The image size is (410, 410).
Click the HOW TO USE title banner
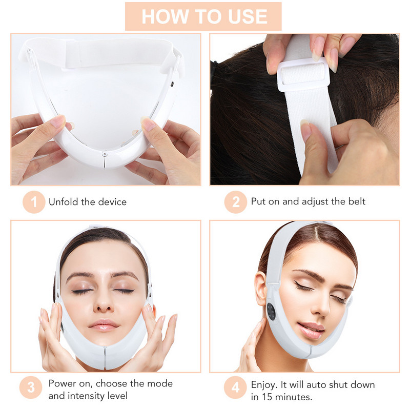click(203, 16)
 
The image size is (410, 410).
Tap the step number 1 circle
click(34, 202)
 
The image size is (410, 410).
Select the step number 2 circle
click(236, 202)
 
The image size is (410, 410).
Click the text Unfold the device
click(88, 202)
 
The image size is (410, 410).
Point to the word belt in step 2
click(356, 202)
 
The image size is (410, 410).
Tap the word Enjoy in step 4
click(264, 384)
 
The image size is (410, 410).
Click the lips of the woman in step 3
click(104, 325)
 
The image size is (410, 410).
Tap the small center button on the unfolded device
click(105, 153)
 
